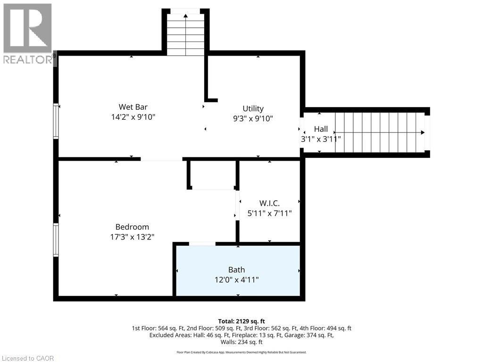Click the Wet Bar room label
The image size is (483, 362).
(130, 107)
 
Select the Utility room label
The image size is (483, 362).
(253, 108)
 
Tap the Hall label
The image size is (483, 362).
(321, 129)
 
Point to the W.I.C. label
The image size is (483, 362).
(269, 203)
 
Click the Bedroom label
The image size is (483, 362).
(132, 227)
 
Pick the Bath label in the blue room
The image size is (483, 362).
(236, 270)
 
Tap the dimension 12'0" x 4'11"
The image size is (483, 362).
(236, 280)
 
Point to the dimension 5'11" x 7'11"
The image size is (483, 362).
(269, 214)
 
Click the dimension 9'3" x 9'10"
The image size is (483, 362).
(253, 119)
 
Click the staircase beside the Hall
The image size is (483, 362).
(380, 132)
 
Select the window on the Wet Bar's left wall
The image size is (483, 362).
(56, 121)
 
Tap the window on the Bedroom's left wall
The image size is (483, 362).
(56, 240)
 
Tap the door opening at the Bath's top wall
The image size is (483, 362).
(202, 244)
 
